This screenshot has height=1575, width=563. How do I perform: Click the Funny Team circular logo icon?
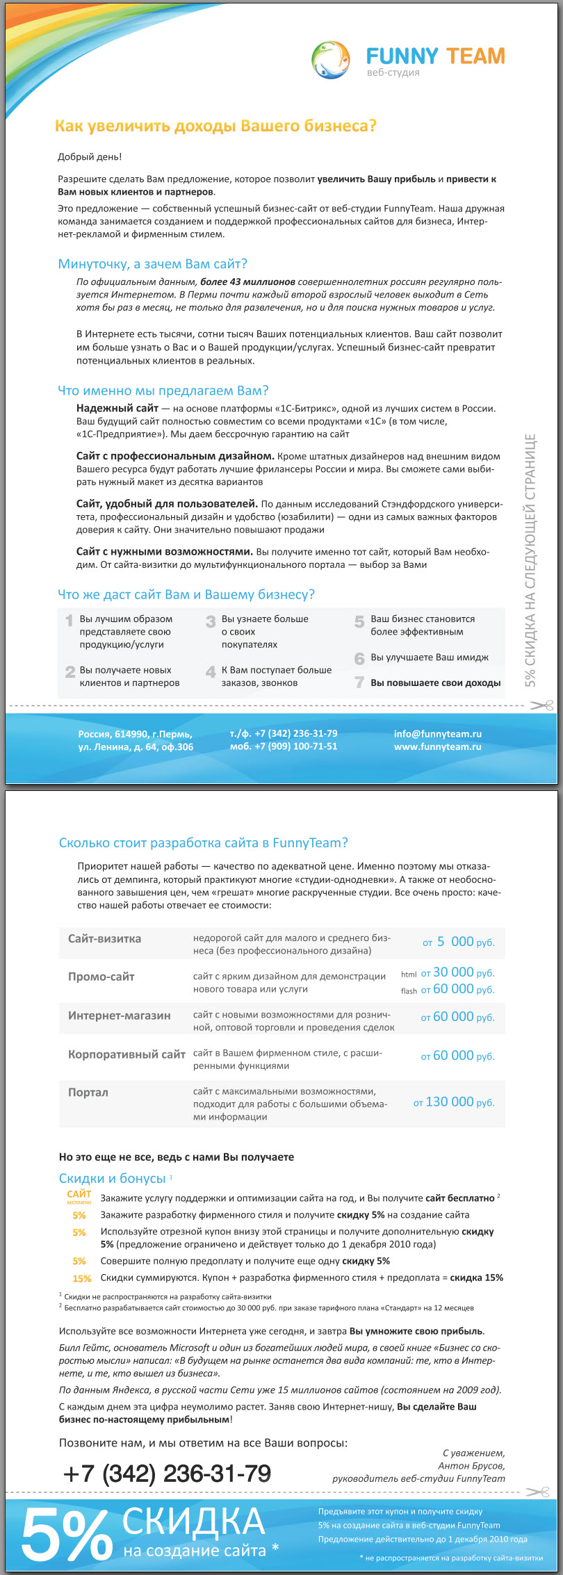(331, 60)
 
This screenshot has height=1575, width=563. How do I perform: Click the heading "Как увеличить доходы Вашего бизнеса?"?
(215, 126)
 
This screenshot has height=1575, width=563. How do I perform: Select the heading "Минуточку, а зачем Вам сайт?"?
(152, 264)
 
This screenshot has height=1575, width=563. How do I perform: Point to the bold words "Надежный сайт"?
(117, 409)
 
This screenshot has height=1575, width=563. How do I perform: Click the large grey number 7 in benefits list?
(359, 683)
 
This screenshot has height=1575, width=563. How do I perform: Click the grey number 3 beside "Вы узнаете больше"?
(211, 621)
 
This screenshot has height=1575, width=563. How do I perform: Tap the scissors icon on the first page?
(541, 705)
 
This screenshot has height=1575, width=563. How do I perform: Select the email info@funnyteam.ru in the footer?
(437, 734)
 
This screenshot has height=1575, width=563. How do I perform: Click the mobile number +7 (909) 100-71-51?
(284, 746)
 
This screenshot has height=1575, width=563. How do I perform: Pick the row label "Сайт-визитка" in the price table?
(104, 939)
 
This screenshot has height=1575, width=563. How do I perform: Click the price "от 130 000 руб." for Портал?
(454, 1102)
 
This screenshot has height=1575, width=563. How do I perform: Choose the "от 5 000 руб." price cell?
(458, 942)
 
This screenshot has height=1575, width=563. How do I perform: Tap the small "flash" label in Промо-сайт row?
(409, 990)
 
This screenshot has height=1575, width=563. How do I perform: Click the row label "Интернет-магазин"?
(119, 1015)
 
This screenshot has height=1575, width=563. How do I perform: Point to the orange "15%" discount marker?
(81, 1278)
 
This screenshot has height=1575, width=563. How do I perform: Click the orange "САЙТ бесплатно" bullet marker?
(79, 1196)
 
